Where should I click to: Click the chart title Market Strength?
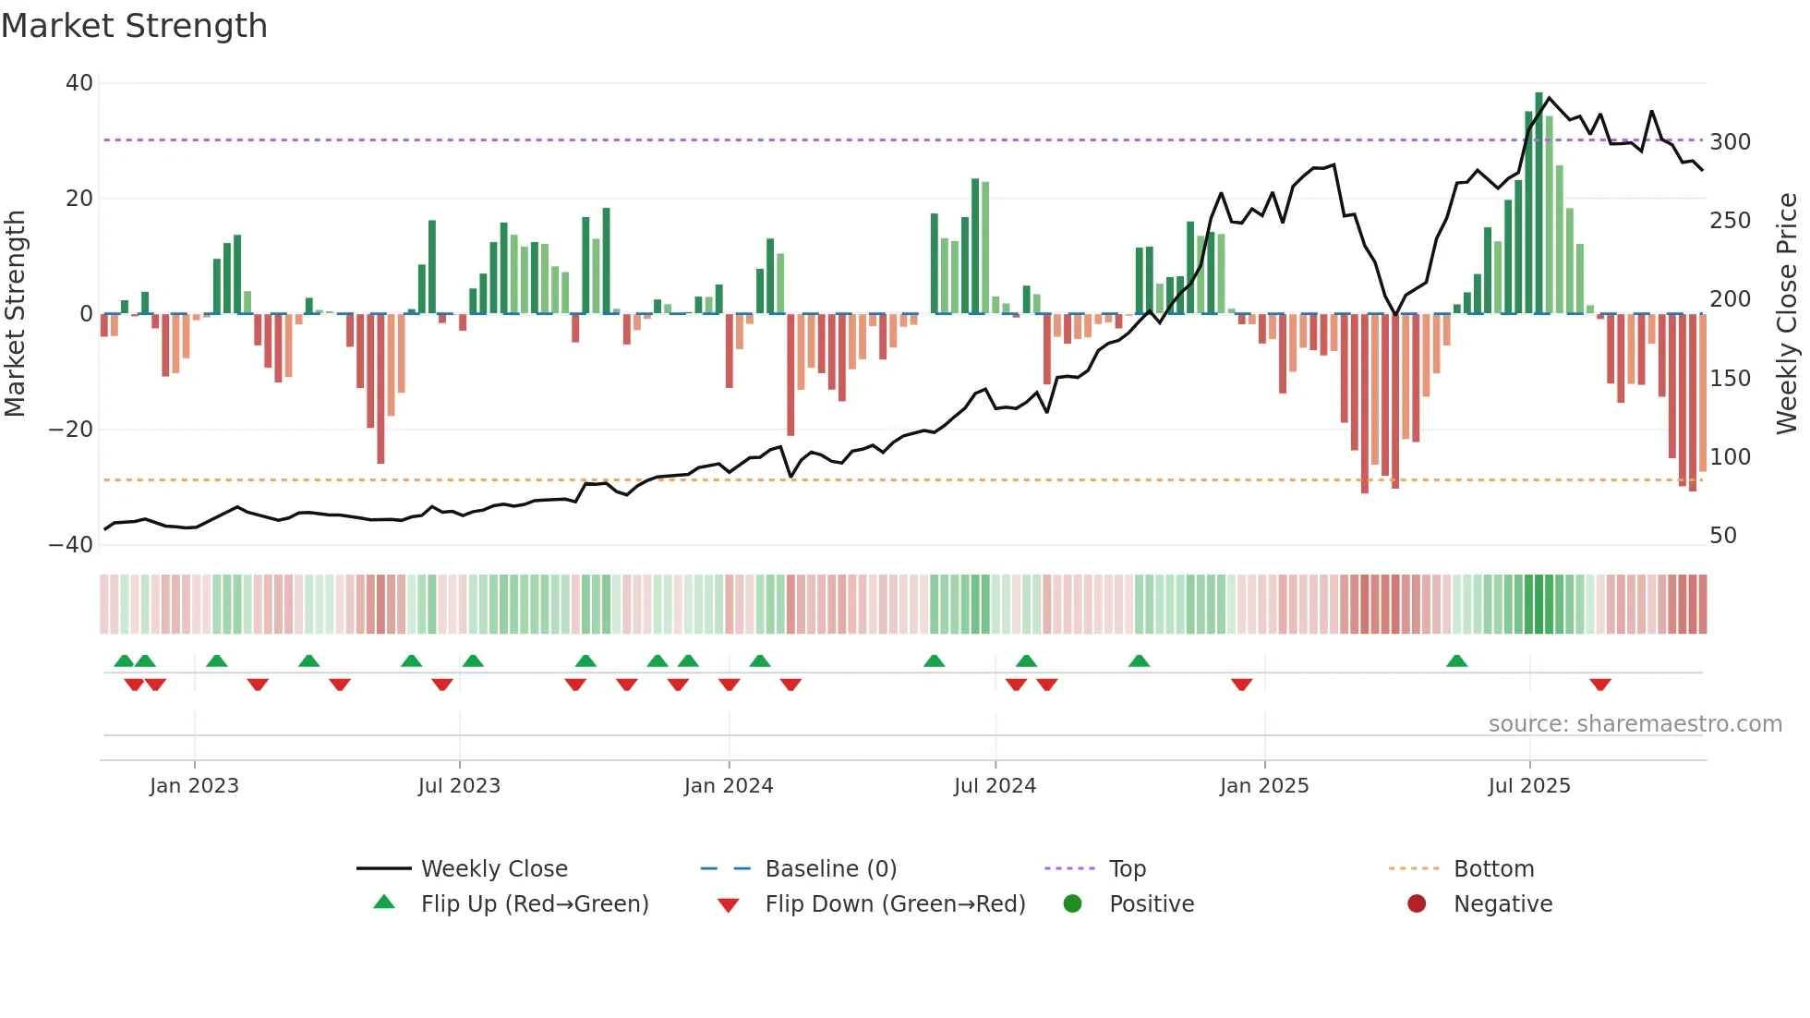click(134, 26)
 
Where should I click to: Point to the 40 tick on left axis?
click(79, 83)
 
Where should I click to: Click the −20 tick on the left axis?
click(71, 430)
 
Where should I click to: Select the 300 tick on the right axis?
click(1730, 142)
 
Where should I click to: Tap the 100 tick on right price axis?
click(1730, 457)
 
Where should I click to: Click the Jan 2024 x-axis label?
click(728, 786)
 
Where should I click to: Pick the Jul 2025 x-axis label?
click(1528, 786)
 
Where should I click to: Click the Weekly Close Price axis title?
click(1787, 314)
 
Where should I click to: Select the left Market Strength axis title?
click(16, 314)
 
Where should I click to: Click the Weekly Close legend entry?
click(493, 869)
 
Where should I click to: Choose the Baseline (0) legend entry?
click(830, 869)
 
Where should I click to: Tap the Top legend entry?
click(1127, 869)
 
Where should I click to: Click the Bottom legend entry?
click(1493, 869)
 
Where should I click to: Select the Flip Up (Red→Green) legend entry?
click(534, 904)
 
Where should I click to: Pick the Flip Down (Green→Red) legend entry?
click(894, 904)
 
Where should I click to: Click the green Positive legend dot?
click(1072, 904)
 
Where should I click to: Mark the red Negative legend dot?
click(1416, 904)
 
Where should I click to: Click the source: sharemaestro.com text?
click(1635, 724)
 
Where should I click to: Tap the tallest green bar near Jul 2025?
click(1538, 203)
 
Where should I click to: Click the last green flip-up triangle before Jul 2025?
click(1456, 661)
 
